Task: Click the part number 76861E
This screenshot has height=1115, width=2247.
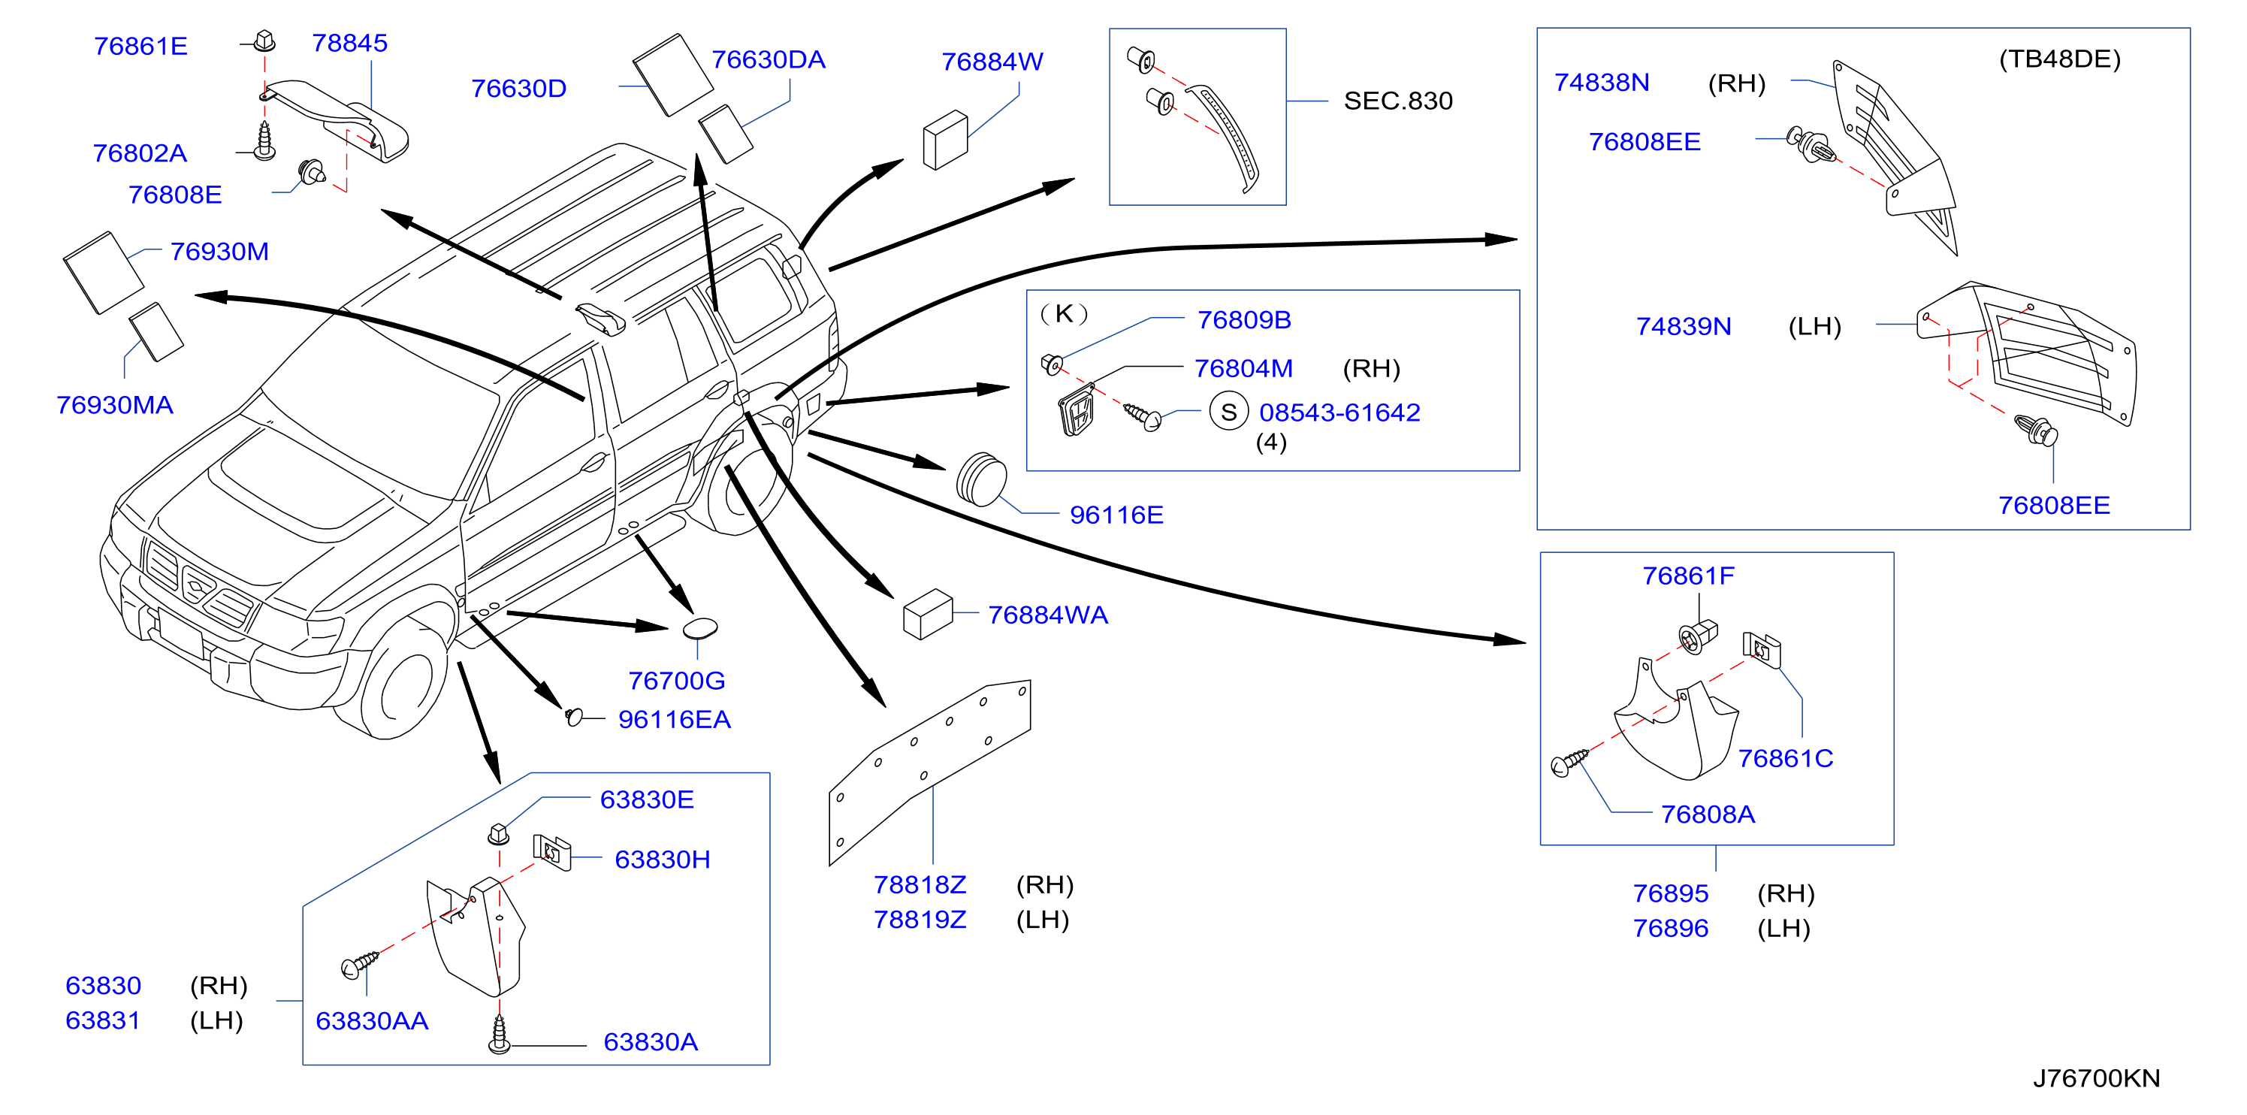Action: pyautogui.click(x=140, y=47)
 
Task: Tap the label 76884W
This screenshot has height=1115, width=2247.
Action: pyautogui.click(x=992, y=62)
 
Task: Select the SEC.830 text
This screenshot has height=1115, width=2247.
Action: pyautogui.click(x=1397, y=101)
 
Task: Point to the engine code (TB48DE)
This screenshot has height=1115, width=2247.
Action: pyautogui.click(x=2058, y=59)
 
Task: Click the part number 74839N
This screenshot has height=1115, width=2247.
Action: pyautogui.click(x=1683, y=326)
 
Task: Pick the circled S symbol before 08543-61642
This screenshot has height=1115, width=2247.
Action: pyautogui.click(x=1228, y=412)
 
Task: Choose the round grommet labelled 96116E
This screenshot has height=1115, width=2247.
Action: pyautogui.click(x=981, y=478)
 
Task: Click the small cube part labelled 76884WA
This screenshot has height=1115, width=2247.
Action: pyautogui.click(x=927, y=613)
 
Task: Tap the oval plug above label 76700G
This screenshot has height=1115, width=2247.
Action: pyautogui.click(x=699, y=628)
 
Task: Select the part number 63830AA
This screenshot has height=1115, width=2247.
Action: pyautogui.click(x=372, y=1021)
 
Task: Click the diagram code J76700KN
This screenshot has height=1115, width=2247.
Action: pyautogui.click(x=2096, y=1078)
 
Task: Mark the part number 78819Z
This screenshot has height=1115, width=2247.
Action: pyautogui.click(x=920, y=920)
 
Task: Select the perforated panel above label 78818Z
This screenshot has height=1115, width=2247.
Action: pyautogui.click(x=930, y=772)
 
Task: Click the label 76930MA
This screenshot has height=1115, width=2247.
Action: pyautogui.click(x=114, y=405)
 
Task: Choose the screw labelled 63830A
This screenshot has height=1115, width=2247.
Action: pyautogui.click(x=499, y=1034)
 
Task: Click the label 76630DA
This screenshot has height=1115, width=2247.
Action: pyautogui.click(x=768, y=59)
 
